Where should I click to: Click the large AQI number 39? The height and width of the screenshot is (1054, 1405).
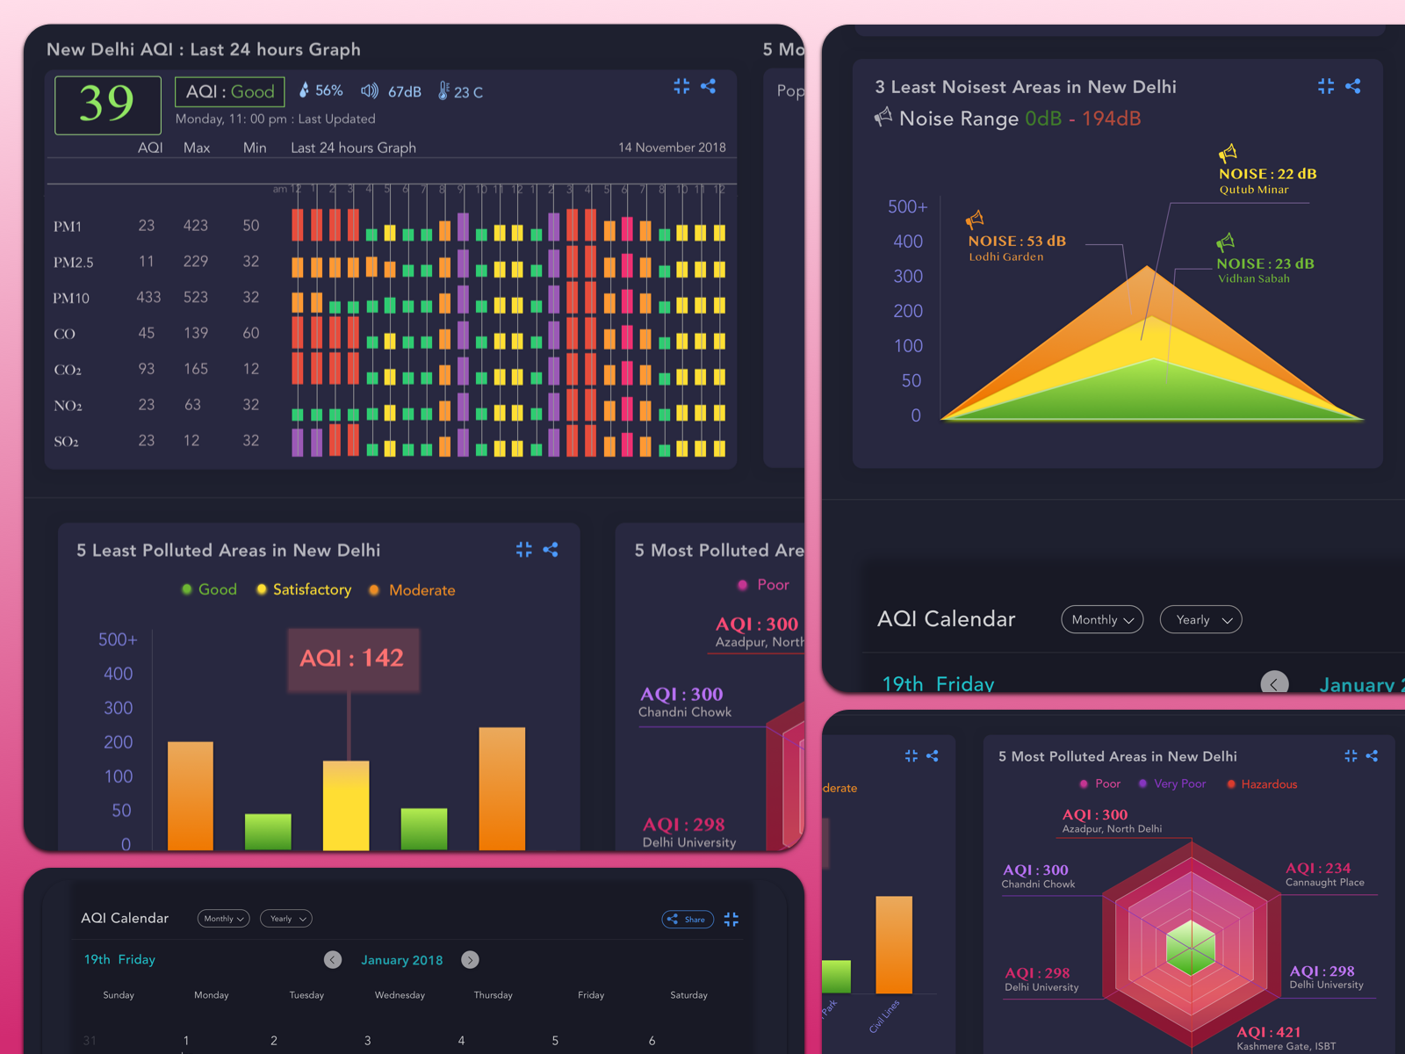click(x=107, y=105)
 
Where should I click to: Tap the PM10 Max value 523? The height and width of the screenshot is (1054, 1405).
click(x=195, y=297)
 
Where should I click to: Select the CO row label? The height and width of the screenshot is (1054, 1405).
click(x=64, y=334)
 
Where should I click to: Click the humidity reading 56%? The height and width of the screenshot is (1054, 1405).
click(x=321, y=90)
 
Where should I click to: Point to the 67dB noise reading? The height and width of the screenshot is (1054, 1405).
click(x=393, y=91)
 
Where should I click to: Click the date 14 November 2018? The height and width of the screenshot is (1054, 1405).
click(x=672, y=148)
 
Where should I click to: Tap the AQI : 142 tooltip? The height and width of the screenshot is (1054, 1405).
click(x=352, y=659)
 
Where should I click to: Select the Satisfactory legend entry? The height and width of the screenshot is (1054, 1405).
click(x=304, y=589)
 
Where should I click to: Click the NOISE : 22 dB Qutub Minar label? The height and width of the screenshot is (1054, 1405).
click(x=1266, y=179)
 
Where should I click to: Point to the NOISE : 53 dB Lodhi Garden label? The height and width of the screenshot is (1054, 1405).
click(x=1016, y=247)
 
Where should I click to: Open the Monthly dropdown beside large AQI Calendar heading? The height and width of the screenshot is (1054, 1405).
click(x=1102, y=619)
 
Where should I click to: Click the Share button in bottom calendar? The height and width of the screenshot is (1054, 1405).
click(x=687, y=919)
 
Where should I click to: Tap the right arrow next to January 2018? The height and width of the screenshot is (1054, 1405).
click(x=471, y=960)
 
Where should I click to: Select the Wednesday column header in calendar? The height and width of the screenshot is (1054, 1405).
click(x=400, y=995)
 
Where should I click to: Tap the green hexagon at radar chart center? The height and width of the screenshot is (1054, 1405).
click(x=1191, y=948)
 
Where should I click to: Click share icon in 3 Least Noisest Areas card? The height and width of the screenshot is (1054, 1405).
click(x=1352, y=86)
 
